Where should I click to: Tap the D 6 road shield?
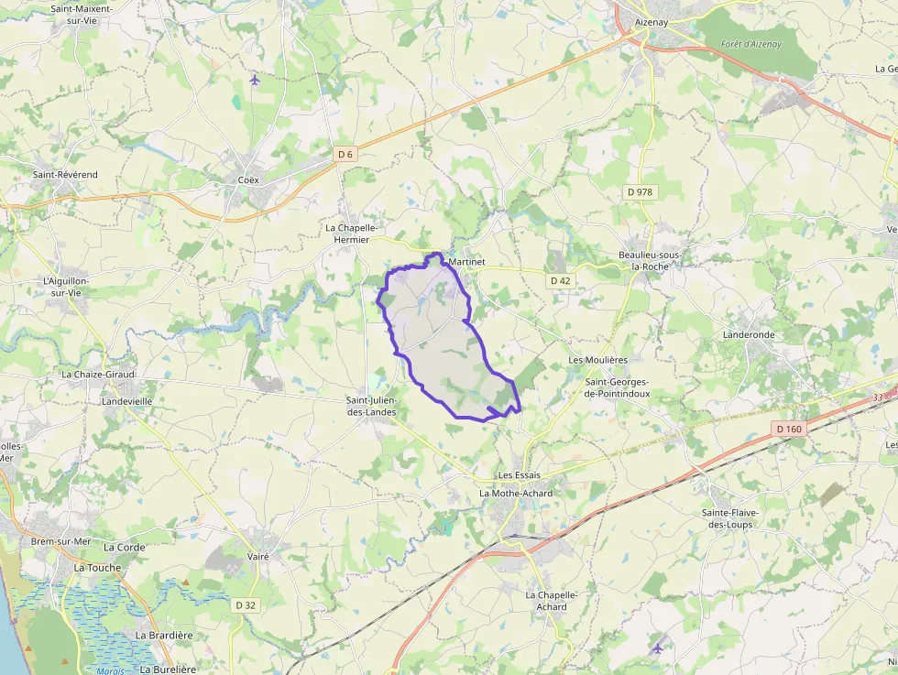(345, 154)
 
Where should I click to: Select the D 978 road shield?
(641, 191)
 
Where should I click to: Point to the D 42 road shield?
(561, 280)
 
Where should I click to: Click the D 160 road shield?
(788, 429)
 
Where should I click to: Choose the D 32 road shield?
(246, 604)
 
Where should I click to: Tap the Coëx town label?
(248, 180)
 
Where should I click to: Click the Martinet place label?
(467, 262)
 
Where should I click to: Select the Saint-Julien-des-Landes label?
(371, 406)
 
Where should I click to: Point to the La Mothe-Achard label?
(516, 493)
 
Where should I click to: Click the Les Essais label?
(520, 475)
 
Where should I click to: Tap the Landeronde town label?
(749, 335)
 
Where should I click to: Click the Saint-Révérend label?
(65, 174)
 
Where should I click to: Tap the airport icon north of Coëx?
(255, 80)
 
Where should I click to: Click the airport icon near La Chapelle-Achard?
(656, 648)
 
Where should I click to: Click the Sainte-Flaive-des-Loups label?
(739, 518)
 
